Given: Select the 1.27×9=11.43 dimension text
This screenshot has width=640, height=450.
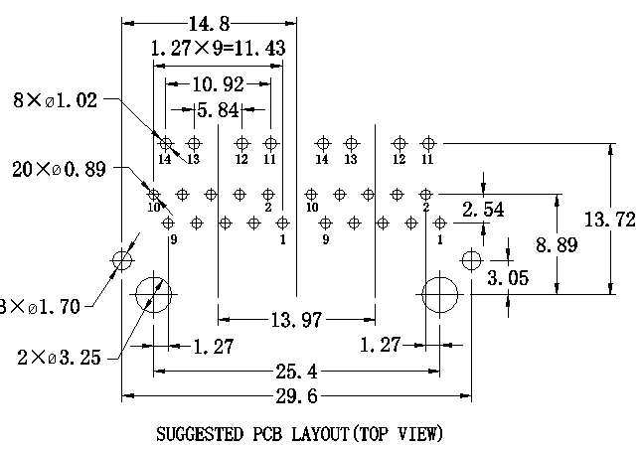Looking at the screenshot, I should (219, 47).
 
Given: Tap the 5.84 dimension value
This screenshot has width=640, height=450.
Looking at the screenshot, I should (218, 109).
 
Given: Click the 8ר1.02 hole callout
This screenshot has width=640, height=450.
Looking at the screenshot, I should (56, 99).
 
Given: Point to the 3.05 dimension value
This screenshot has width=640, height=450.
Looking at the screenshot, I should (508, 277).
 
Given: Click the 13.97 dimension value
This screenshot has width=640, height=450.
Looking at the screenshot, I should (296, 319).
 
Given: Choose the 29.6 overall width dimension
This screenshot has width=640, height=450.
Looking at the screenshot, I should (295, 398).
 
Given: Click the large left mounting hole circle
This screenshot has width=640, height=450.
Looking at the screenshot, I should (153, 295).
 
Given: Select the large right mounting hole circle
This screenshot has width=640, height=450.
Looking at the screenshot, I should (439, 295).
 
